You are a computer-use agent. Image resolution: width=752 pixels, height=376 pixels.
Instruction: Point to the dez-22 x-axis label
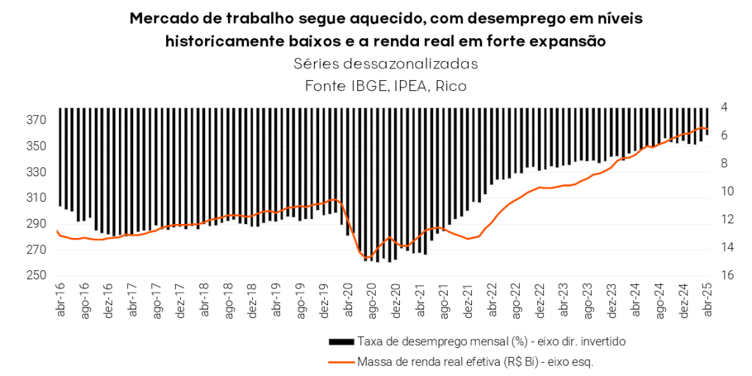coord(540,301)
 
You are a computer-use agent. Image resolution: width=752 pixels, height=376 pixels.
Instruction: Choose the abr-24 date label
coord(635,301)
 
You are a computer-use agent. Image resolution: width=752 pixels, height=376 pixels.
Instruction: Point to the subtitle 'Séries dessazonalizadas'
coord(385,64)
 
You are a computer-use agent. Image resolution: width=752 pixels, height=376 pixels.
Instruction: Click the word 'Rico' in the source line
coord(451,86)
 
